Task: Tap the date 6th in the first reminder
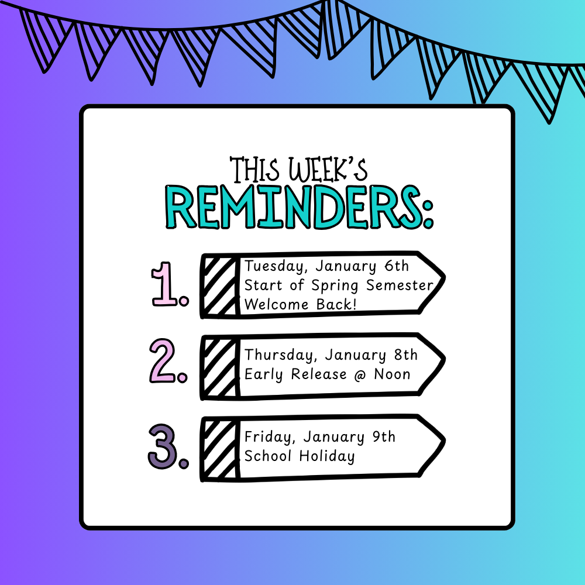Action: click(397, 266)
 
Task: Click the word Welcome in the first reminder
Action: click(278, 305)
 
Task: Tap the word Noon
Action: click(391, 374)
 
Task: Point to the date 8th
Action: click(405, 355)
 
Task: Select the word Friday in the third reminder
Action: click(269, 437)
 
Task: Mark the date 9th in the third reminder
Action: click(383, 437)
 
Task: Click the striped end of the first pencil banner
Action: click(220, 286)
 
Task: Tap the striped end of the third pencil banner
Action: click(220, 449)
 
